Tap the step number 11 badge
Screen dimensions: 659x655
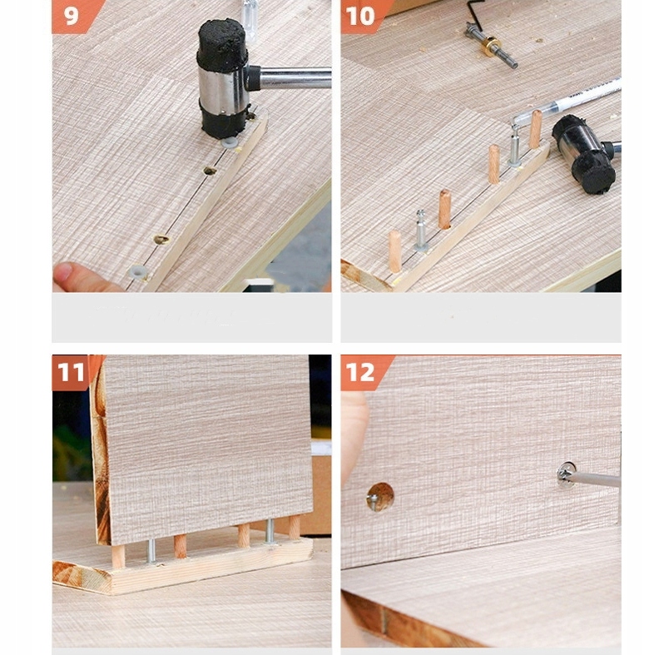72,372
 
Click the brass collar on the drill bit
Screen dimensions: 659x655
490,46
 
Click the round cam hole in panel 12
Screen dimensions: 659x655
380,497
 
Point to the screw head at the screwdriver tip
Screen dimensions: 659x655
566,474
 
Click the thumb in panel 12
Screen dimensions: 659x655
354,437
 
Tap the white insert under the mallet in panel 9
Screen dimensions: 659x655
230,143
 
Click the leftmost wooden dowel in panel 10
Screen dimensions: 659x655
394,251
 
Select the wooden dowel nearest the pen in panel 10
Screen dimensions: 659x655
536,129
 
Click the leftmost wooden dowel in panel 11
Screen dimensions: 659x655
118,556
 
